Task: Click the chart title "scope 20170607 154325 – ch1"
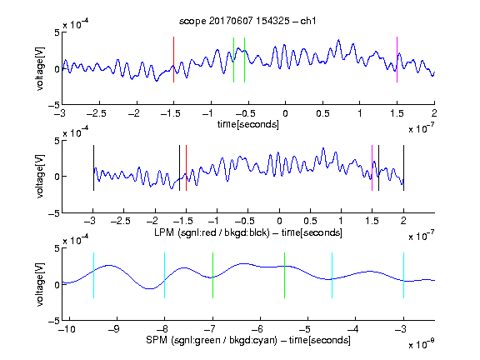click(x=247, y=21)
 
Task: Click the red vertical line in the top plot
click(x=173, y=59)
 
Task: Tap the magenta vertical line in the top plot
click(x=397, y=59)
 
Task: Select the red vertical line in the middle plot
click(x=186, y=167)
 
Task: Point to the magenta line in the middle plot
click(x=372, y=167)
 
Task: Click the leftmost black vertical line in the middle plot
click(x=93, y=167)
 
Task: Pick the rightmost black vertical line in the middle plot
click(x=403, y=167)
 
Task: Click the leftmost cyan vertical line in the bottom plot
click(x=93, y=275)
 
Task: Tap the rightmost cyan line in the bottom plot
click(x=403, y=275)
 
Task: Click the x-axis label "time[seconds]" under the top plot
click(x=248, y=124)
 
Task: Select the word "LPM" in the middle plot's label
click(x=164, y=232)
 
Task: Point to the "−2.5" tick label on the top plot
click(x=97, y=113)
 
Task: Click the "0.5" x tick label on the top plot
click(x=322, y=113)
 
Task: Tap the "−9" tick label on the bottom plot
click(x=114, y=329)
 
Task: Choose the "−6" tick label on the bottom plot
click(x=260, y=329)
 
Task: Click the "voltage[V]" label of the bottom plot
click(x=40, y=284)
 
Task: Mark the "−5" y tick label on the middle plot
click(x=54, y=213)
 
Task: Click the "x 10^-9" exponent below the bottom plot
click(x=421, y=344)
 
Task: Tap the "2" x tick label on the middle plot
click(x=403, y=221)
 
